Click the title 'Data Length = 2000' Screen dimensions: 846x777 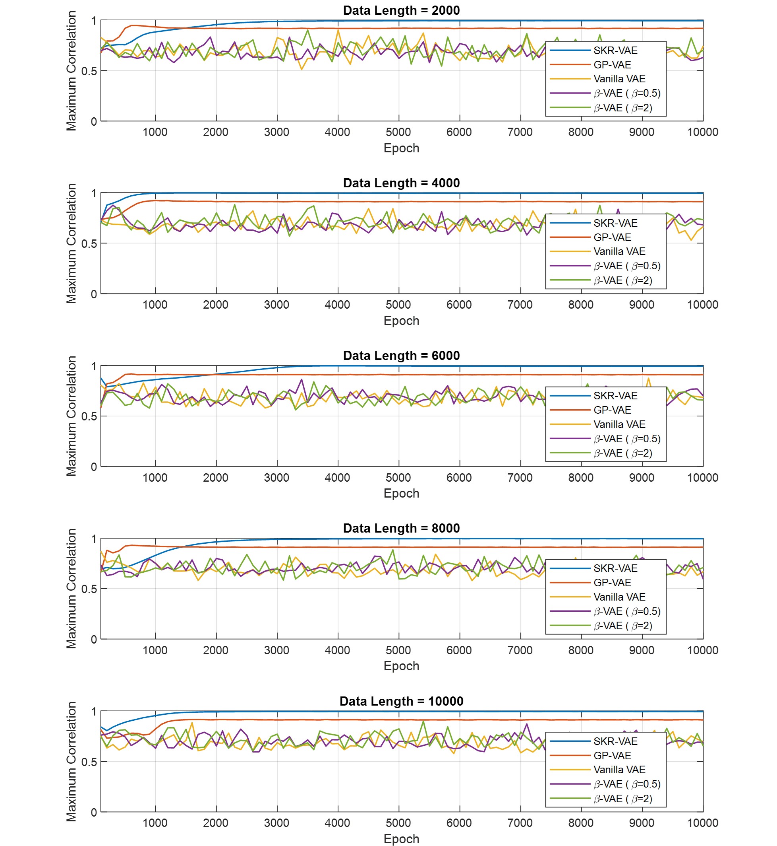401,10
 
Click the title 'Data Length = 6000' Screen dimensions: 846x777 401,356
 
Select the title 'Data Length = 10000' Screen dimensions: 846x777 401,701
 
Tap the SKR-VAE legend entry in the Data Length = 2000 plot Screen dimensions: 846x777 615,51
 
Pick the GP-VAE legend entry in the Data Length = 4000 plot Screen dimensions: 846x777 612,237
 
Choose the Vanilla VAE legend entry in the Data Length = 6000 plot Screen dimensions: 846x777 619,424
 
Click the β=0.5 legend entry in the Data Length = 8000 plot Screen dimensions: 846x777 626,612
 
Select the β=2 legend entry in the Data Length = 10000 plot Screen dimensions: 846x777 622,799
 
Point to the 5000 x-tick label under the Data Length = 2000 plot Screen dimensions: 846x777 398,132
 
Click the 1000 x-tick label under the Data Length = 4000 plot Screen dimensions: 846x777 155,305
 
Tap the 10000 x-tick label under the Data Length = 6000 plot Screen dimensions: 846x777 702,478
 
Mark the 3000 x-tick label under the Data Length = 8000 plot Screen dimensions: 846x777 276,650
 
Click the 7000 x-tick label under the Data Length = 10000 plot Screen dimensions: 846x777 520,823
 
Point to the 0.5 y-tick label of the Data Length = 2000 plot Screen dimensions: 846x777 89,71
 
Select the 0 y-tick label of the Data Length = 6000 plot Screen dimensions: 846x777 94,467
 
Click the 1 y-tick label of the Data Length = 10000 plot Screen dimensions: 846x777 94,712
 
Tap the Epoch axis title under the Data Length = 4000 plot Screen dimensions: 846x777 401,321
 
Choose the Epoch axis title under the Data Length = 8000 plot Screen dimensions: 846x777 401,666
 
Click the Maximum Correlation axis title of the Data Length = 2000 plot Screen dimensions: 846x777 72,71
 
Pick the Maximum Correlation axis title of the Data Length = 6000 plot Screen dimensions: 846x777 72,416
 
